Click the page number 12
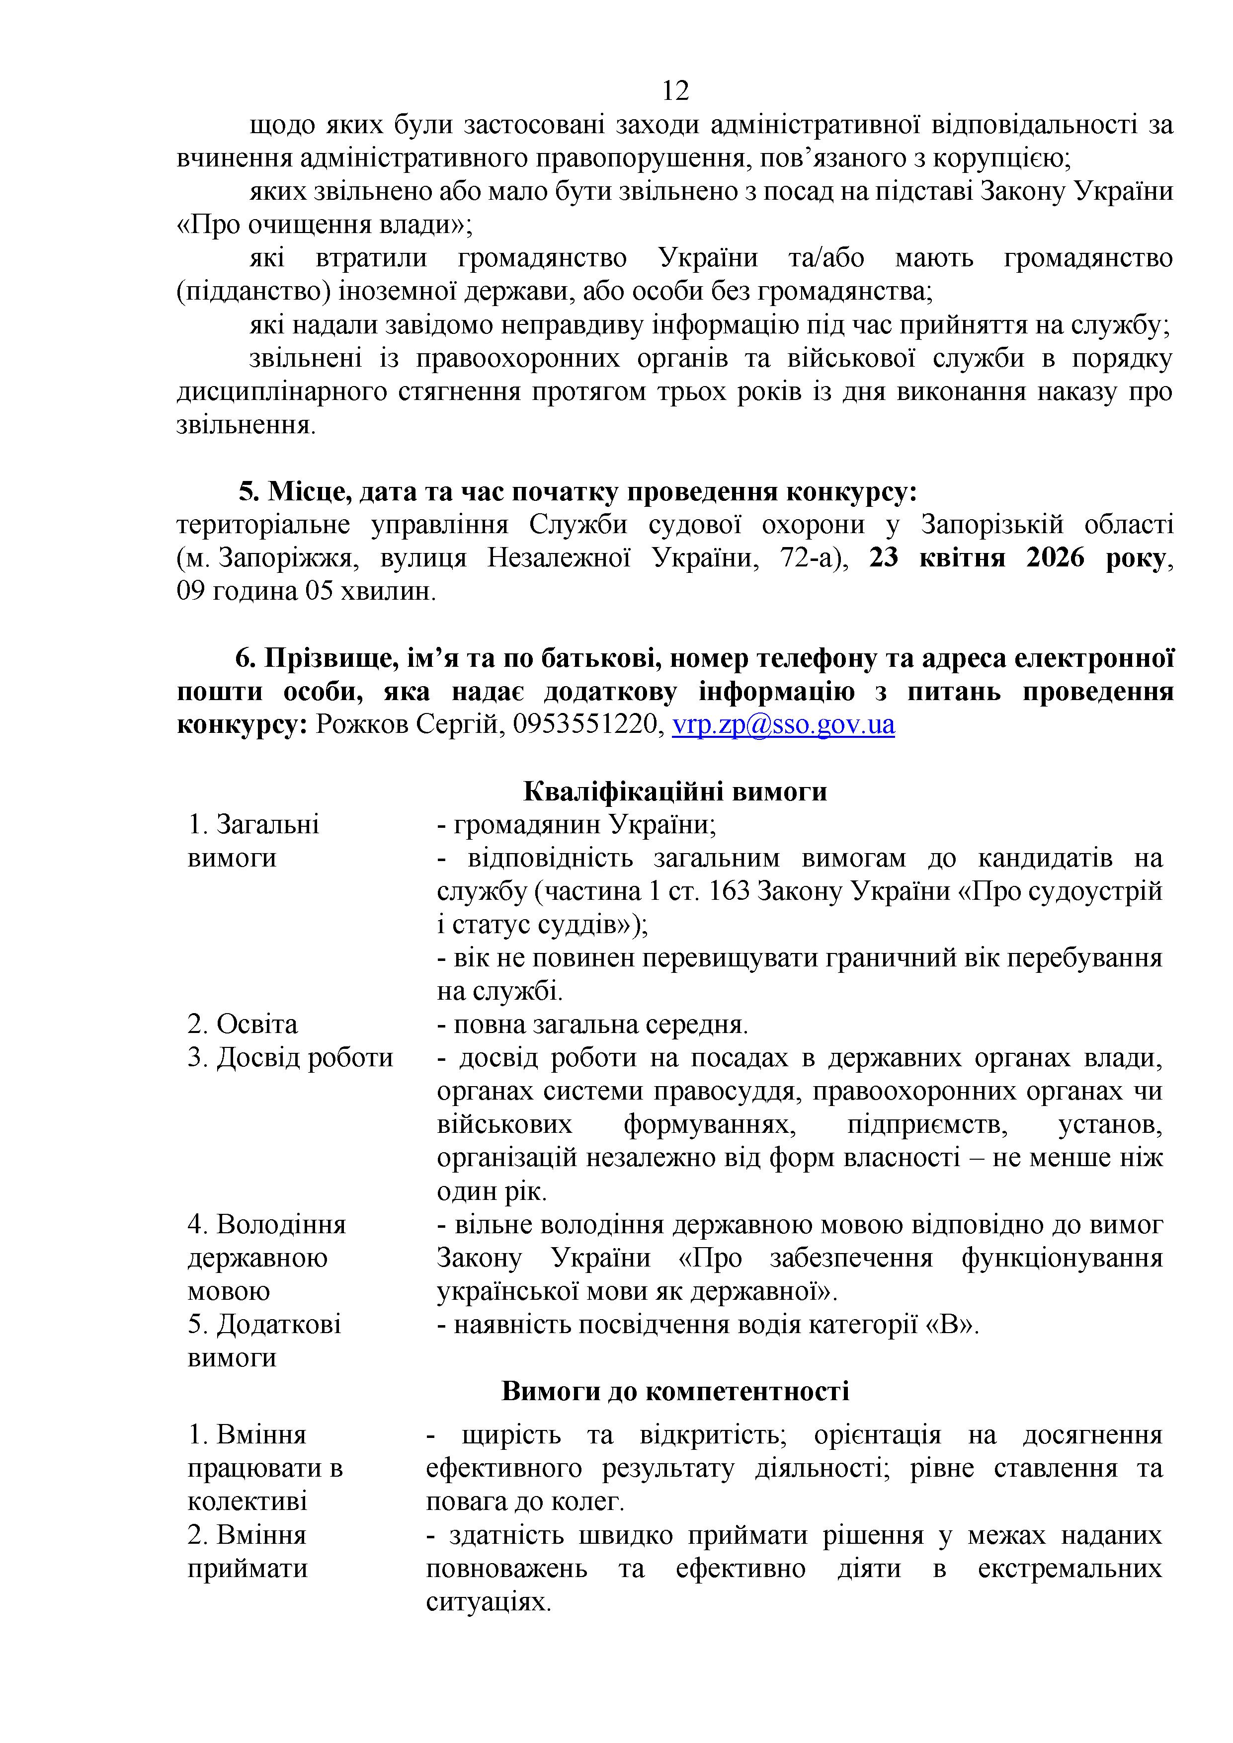coord(675,91)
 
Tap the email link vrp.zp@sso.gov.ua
coord(784,725)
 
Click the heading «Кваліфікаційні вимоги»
coord(675,792)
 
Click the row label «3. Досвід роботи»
coord(290,1058)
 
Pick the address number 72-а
coord(813,558)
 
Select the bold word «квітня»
coord(963,558)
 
